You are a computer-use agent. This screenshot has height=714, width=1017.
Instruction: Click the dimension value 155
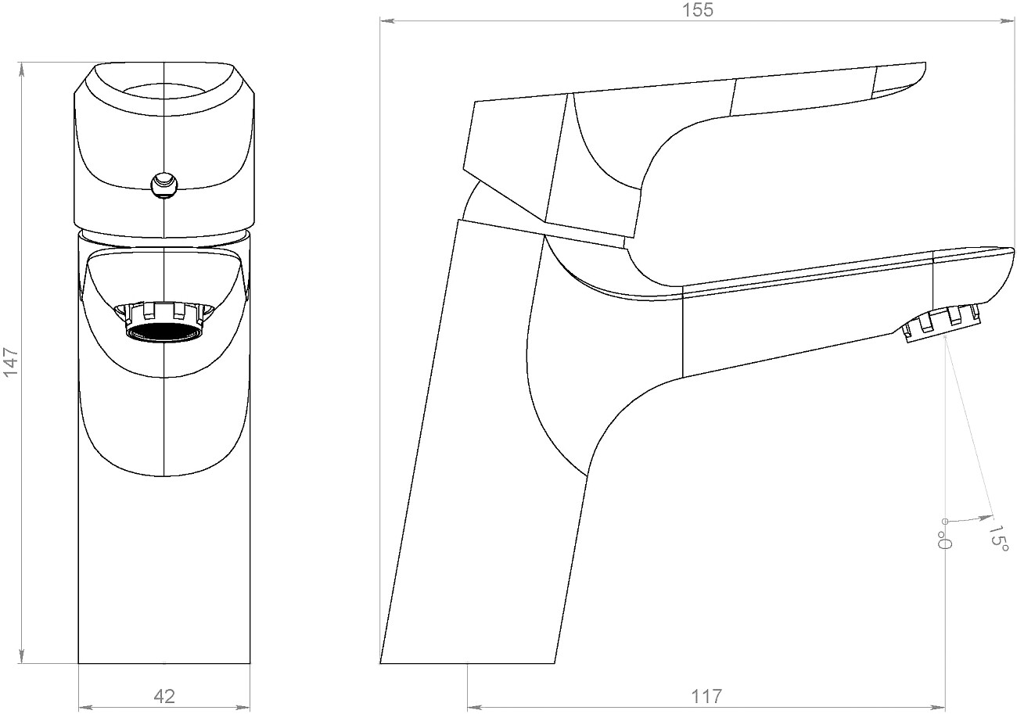coord(699,10)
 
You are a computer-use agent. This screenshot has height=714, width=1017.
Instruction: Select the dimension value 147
coord(11,361)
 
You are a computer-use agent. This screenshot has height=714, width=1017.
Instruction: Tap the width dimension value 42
coord(164,696)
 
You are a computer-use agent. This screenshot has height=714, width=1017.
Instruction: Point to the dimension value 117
coord(706,696)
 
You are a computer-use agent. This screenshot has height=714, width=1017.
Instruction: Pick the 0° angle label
coord(944,540)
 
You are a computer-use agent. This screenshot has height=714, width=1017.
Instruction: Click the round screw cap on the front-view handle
coord(164,185)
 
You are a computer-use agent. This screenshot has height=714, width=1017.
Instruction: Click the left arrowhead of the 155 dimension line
coord(386,20)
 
